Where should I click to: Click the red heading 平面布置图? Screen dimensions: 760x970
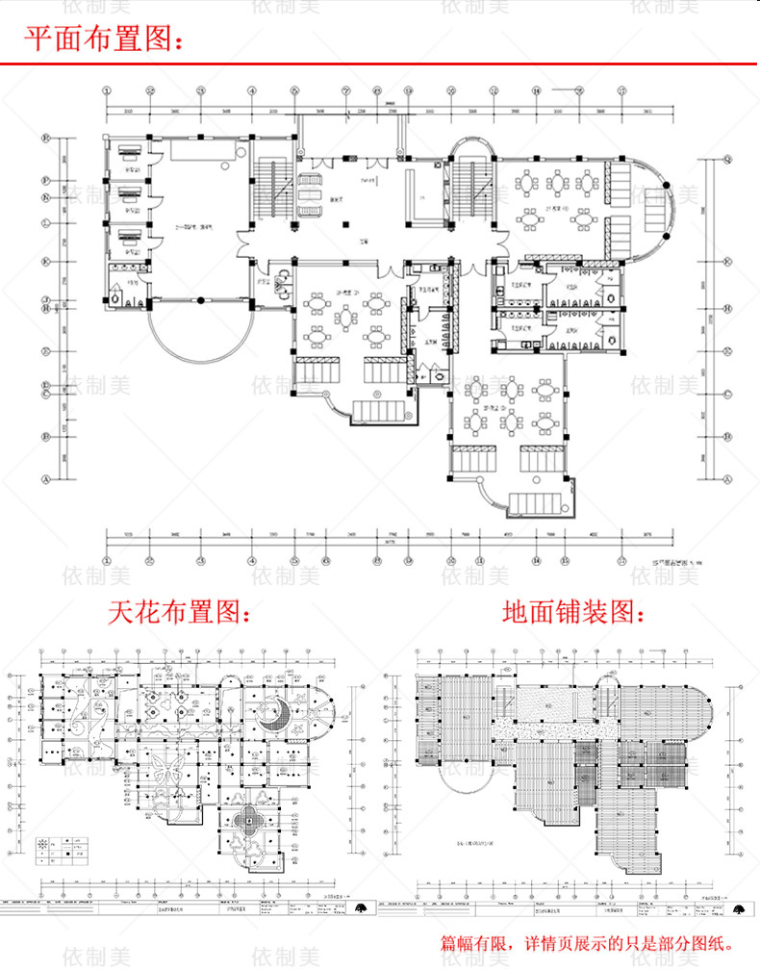point(102,38)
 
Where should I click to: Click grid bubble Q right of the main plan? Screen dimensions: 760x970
point(727,160)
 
